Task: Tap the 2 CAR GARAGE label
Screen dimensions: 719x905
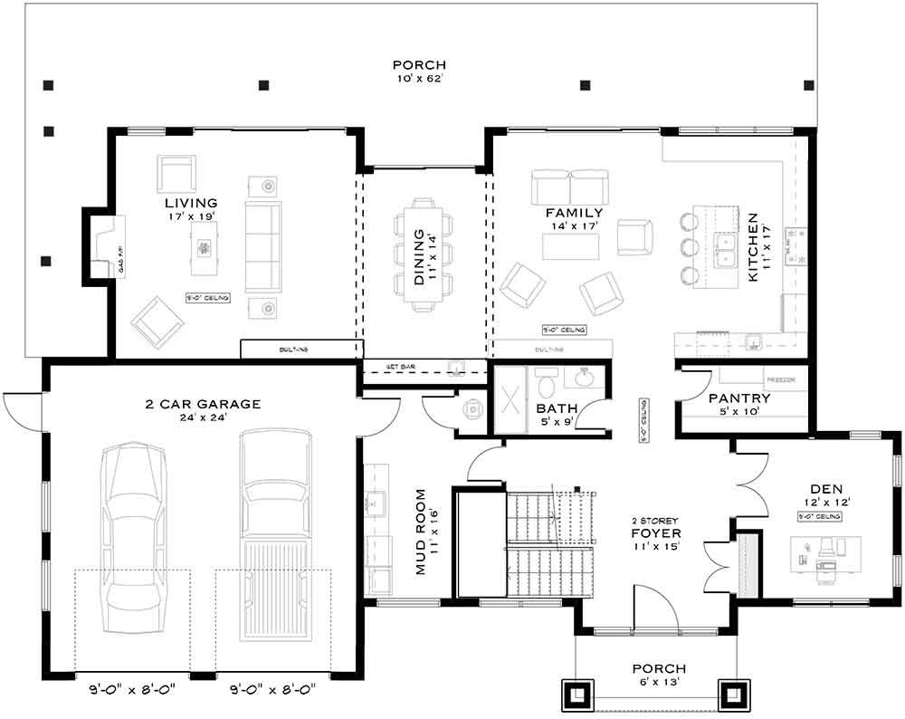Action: click(x=203, y=404)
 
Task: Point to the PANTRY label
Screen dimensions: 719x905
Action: click(x=739, y=398)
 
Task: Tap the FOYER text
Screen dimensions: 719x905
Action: click(x=655, y=533)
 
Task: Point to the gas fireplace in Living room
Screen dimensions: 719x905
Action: click(x=106, y=244)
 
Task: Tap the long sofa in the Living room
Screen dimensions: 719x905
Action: click(x=263, y=245)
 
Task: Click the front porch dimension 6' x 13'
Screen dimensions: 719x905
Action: click(x=656, y=682)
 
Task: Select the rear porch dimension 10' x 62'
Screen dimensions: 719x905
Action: click(x=419, y=79)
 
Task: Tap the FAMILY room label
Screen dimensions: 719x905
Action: click(x=574, y=213)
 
